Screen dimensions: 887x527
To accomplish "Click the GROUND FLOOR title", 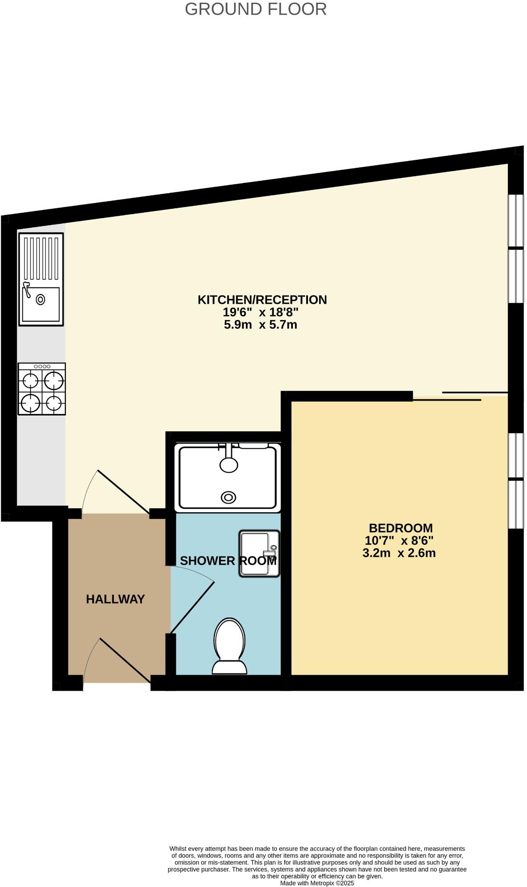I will tap(255, 9).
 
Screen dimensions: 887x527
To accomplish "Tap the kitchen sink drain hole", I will tap(41, 300).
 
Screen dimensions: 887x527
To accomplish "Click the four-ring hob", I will tap(42, 389).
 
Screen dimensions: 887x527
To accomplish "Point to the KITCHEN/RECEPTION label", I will tap(262, 300).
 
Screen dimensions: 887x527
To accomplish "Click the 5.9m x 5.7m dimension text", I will tap(260, 325).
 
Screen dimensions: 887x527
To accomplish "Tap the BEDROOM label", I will tap(401, 528).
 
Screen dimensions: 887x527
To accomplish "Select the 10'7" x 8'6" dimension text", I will tap(399, 541).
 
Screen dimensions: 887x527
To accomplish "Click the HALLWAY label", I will tap(115, 599).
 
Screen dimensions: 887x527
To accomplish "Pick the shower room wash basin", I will tap(259, 553).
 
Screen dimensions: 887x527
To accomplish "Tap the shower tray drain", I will tap(229, 497).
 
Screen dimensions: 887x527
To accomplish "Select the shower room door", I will tap(192, 606).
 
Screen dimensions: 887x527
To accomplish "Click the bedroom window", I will tap(516, 481).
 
